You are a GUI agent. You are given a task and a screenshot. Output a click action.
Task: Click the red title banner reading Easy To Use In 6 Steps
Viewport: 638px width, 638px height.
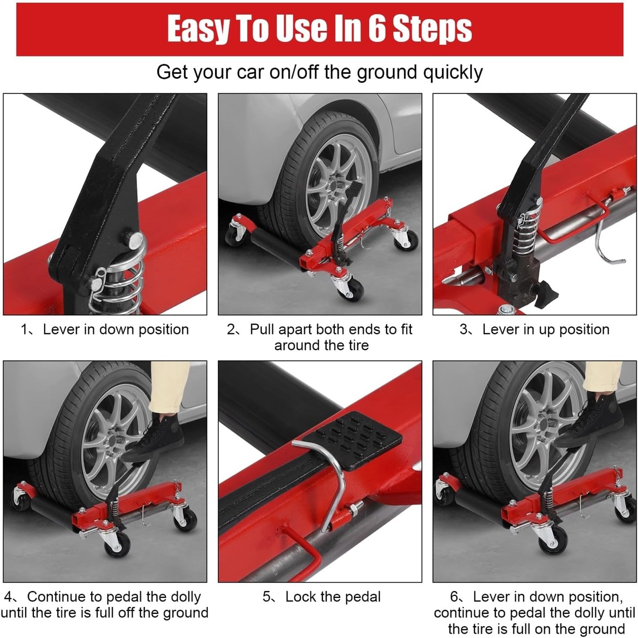pyautogui.click(x=319, y=29)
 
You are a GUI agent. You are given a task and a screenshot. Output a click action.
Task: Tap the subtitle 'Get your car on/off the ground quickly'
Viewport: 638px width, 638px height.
pyautogui.click(x=319, y=72)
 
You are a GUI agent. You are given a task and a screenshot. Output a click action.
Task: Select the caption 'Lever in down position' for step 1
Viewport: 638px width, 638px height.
pyautogui.click(x=105, y=329)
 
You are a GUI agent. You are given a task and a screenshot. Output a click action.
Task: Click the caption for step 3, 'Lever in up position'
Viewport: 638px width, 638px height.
pyautogui.click(x=535, y=329)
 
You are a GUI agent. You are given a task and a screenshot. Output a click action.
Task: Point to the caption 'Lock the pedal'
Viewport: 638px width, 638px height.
pyautogui.click(x=321, y=597)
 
